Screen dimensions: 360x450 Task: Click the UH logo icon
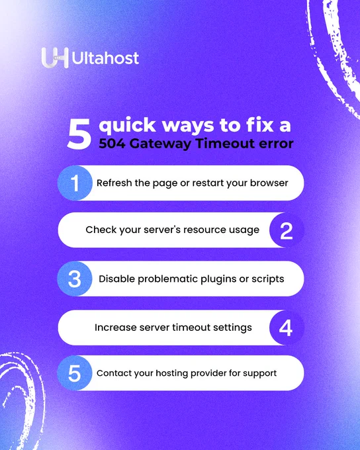[55, 58]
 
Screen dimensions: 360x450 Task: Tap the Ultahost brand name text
[105, 58]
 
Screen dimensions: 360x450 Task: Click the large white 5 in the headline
[79, 134]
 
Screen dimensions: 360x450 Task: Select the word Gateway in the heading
[160, 144]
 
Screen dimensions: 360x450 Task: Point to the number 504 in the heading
[112, 144]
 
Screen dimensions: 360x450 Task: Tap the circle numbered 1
[75, 183]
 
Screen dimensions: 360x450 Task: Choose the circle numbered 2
[287, 230]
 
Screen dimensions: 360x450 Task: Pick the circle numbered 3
[75, 279]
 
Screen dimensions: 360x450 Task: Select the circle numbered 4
[287, 328]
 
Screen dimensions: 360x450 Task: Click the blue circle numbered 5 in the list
[75, 373]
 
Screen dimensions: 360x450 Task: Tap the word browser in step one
[269, 183]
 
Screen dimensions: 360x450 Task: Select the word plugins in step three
[218, 279]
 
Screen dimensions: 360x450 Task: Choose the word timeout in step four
[191, 328]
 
